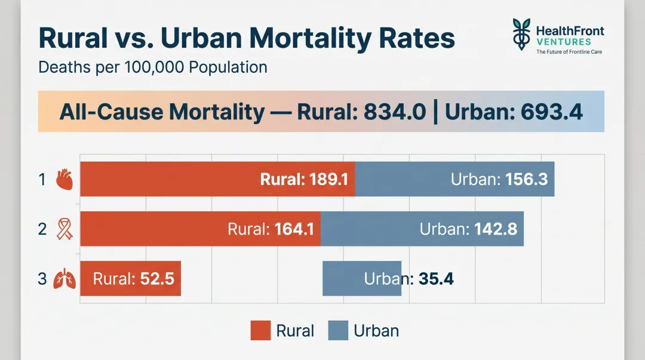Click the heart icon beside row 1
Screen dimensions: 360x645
pyautogui.click(x=64, y=179)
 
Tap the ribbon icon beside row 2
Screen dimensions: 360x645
pyautogui.click(x=64, y=229)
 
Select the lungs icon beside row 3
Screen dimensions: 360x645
pyautogui.click(x=64, y=279)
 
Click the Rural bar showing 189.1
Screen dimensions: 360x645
pyautogui.click(x=218, y=179)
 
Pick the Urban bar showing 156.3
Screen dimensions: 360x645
pyautogui.click(x=454, y=179)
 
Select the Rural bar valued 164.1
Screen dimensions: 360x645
pyautogui.click(x=201, y=229)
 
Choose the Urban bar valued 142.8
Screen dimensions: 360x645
pyautogui.click(x=422, y=229)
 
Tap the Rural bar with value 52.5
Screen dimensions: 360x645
pyautogui.click(x=130, y=279)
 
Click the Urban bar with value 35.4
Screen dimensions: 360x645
pyautogui.click(x=362, y=279)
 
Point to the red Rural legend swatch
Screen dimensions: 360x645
pyautogui.click(x=260, y=330)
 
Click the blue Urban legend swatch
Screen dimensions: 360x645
pyautogui.click(x=339, y=330)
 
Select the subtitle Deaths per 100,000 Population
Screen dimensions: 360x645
pyautogui.click(x=152, y=67)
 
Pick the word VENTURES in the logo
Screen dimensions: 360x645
pyautogui.click(x=564, y=42)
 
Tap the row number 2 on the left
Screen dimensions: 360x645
pyautogui.click(x=42, y=229)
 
